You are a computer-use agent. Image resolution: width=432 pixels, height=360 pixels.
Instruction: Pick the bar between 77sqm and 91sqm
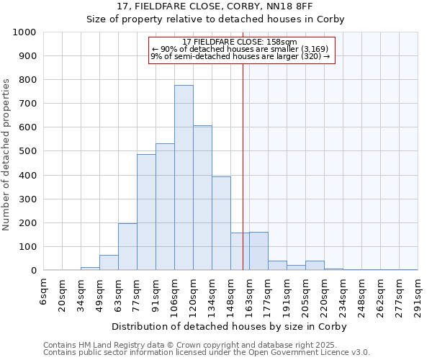(146, 212)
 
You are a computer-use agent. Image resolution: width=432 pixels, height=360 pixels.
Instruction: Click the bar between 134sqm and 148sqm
(221, 223)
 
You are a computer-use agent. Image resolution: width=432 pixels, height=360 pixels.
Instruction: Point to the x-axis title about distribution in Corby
(230, 327)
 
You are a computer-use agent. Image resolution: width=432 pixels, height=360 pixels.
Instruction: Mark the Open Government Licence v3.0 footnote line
(207, 353)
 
